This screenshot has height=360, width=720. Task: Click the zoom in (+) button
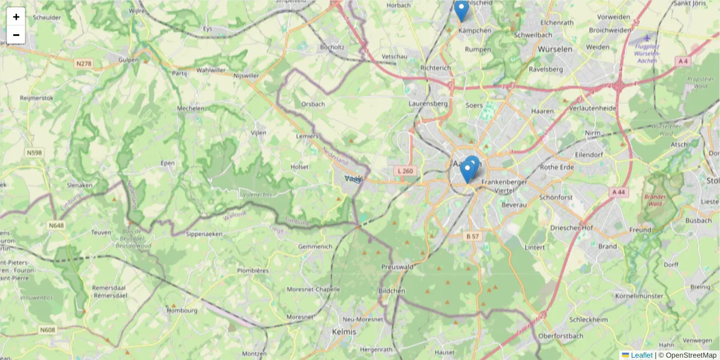[x=16, y=17]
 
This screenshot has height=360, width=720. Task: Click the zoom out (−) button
[x=16, y=35]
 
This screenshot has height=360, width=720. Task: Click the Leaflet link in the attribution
[x=641, y=355]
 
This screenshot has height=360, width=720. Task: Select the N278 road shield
[x=83, y=63]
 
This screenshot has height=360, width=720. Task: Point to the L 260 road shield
[x=406, y=171]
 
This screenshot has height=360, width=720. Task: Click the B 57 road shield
[x=473, y=236]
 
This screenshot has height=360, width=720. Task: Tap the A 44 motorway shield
[x=619, y=191]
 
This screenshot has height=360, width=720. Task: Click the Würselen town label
[x=555, y=49]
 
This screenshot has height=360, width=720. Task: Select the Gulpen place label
[x=128, y=60]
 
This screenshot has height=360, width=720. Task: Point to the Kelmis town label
[x=344, y=331]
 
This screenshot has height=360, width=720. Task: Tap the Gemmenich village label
[x=315, y=246]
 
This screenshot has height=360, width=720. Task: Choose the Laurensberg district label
[x=428, y=103]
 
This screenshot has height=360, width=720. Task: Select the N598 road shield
[x=34, y=153]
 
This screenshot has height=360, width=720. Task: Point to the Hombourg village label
[x=182, y=310]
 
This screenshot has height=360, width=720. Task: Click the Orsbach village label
[x=313, y=104]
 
